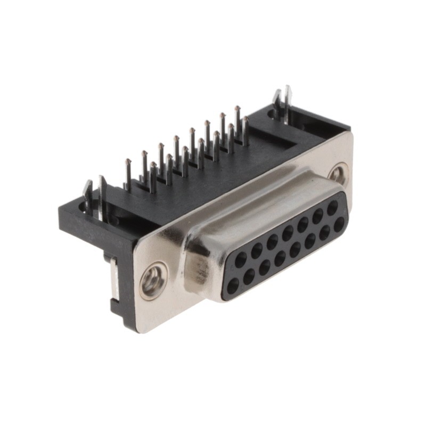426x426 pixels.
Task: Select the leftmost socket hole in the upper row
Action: click(241, 259)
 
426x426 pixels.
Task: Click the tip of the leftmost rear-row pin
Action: click(128, 161)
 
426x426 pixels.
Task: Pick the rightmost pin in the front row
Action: click(245, 120)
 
